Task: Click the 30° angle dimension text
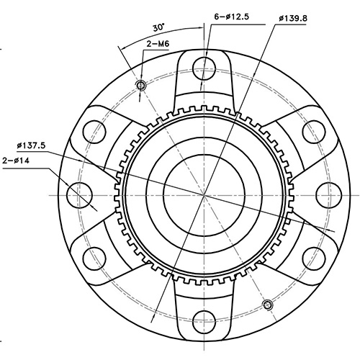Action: coord(158,27)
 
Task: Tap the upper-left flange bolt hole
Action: coord(95,131)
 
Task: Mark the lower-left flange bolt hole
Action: coord(95,257)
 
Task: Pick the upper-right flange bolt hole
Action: coord(314,131)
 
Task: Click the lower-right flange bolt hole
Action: coord(314,257)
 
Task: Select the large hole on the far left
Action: coord(79,194)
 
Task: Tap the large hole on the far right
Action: coord(329,194)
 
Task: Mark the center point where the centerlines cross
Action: coord(204,194)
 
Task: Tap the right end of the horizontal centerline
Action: coord(358,194)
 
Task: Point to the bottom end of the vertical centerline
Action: coord(204,358)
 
